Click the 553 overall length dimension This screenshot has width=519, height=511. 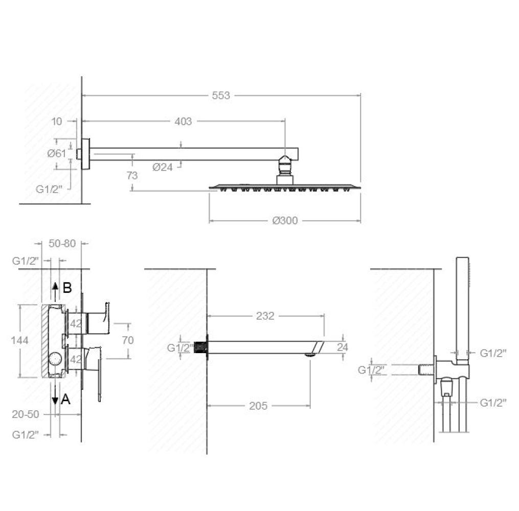click(x=221, y=95)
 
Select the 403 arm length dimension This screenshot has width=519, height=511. click(x=183, y=122)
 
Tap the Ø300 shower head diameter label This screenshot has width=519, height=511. click(x=285, y=220)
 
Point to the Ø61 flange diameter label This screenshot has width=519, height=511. click(x=57, y=153)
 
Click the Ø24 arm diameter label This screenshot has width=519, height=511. click(x=163, y=167)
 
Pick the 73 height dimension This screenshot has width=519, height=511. click(x=132, y=175)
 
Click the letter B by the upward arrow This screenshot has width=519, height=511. click(x=67, y=288)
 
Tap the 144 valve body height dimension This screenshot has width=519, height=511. click(x=19, y=340)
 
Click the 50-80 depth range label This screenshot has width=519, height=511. click(x=62, y=243)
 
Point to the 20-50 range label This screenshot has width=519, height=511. click(x=26, y=414)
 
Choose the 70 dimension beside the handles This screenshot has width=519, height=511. click(x=128, y=340)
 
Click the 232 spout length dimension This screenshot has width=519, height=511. click(x=265, y=316)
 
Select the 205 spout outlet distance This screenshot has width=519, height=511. click(x=258, y=406)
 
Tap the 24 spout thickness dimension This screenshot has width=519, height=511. click(x=342, y=347)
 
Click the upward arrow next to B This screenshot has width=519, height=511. click(x=55, y=292)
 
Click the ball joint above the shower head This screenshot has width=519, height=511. click(x=285, y=165)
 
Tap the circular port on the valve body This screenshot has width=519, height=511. click(x=55, y=359)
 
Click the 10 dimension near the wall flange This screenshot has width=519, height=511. click(x=57, y=122)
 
